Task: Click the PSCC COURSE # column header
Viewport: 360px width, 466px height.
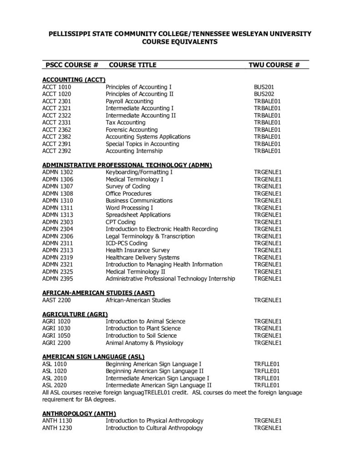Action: click(x=72, y=65)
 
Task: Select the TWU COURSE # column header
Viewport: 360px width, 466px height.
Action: click(x=274, y=65)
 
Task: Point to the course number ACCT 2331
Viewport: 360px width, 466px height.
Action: click(x=56, y=122)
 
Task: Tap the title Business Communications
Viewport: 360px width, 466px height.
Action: click(x=139, y=201)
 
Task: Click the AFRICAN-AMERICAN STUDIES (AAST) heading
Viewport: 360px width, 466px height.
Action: click(x=99, y=293)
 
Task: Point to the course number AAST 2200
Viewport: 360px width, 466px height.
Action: click(x=56, y=300)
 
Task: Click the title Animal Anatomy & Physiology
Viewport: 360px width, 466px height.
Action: click(x=144, y=343)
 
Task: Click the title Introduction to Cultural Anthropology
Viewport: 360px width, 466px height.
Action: click(x=154, y=428)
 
